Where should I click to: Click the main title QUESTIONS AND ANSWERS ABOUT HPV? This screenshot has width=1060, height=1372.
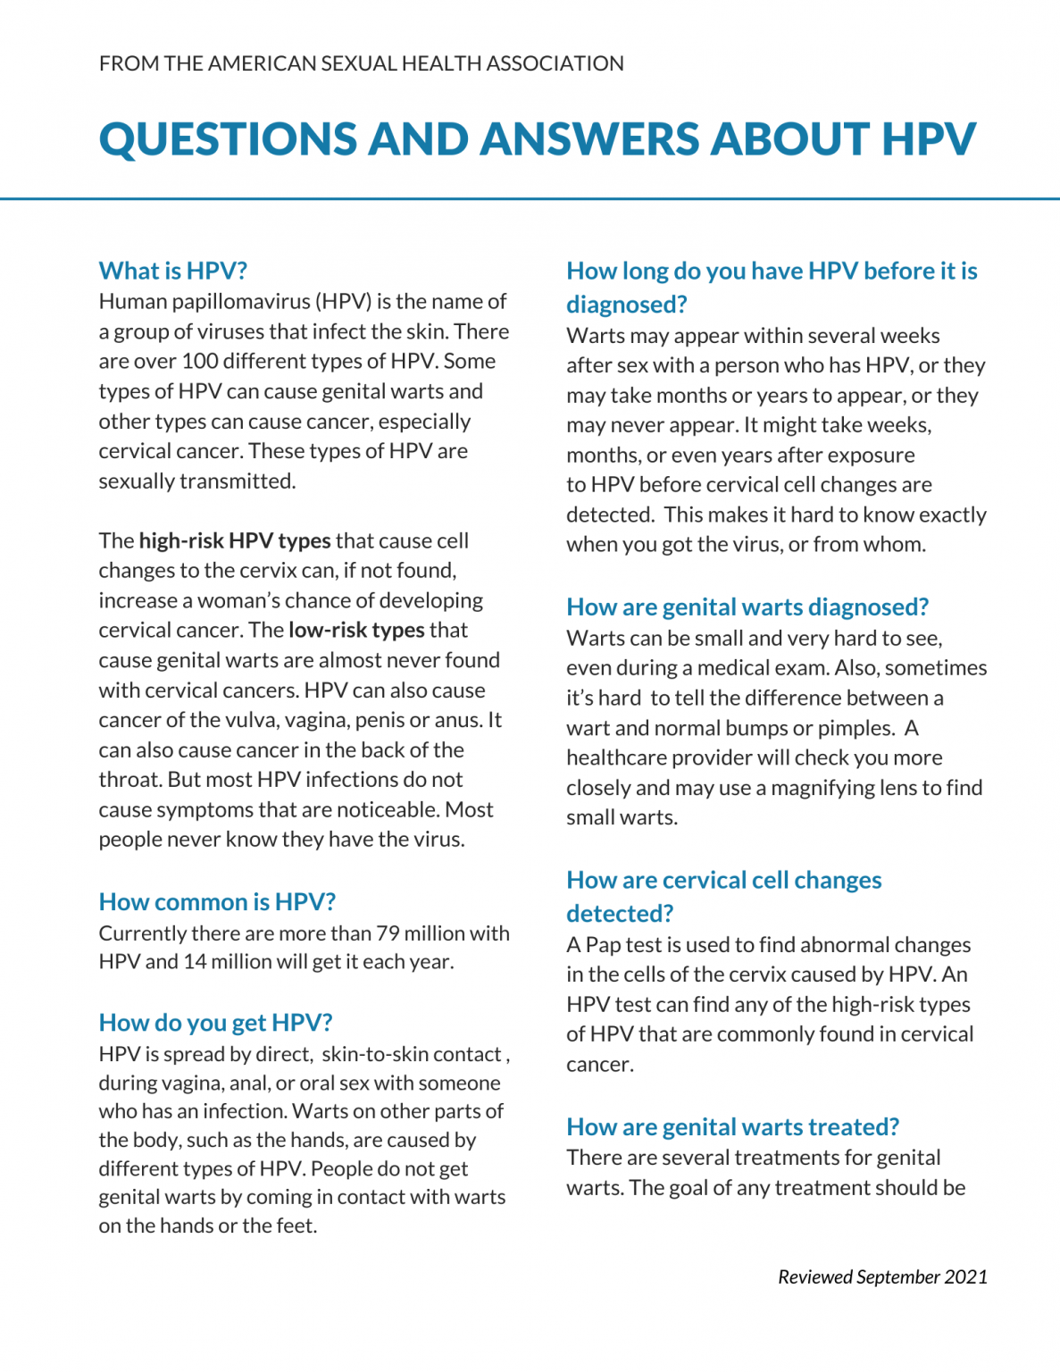coord(537,139)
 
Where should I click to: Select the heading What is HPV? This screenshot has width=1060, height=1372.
coord(172,271)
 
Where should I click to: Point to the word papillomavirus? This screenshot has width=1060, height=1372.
coord(231,302)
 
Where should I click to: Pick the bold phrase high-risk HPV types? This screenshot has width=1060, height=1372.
coord(235,541)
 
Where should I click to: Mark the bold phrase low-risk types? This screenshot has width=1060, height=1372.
coord(356,631)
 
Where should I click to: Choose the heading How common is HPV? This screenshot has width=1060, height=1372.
coord(217,902)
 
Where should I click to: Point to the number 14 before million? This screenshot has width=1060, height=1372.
coord(195,962)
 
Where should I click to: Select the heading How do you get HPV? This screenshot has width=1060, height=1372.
coord(215,1023)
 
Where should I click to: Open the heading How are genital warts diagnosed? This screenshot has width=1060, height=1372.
coord(747,607)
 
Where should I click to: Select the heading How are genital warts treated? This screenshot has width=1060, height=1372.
coord(732,1127)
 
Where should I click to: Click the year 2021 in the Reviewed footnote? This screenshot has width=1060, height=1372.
coord(965,1277)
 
